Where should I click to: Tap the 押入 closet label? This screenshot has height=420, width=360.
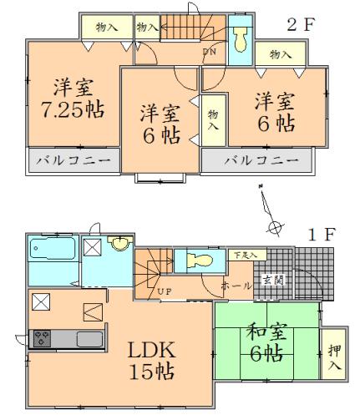(x=335, y=353)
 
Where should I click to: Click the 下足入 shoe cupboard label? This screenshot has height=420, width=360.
(x=246, y=254)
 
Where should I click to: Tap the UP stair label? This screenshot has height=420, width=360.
(x=164, y=291)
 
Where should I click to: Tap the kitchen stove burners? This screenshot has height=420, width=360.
(x=42, y=338)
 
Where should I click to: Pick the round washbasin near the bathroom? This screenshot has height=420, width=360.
(x=120, y=244)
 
